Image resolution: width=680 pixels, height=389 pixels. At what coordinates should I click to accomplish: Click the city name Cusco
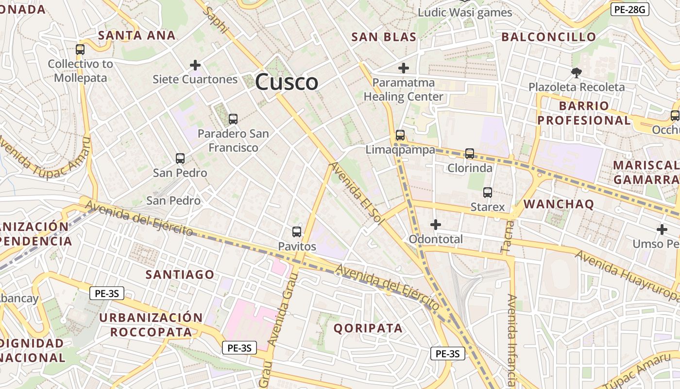tap(287, 82)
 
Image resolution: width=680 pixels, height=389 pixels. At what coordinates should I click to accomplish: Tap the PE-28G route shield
tap(629, 9)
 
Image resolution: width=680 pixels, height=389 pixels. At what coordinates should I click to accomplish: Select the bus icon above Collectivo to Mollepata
tap(80, 50)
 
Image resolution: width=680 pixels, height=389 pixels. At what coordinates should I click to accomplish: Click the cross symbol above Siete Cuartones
tap(195, 65)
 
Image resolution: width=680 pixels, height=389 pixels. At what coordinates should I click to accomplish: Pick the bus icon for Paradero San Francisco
tap(233, 119)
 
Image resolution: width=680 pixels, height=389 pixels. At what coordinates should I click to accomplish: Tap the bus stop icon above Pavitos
tap(297, 232)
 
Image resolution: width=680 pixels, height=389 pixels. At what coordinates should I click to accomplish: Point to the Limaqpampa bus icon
tap(400, 135)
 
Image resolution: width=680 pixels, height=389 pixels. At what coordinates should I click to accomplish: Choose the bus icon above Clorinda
tap(470, 154)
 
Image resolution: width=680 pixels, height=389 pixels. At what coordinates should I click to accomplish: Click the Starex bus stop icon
tap(488, 193)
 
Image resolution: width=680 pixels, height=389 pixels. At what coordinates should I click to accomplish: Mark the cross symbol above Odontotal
tap(436, 225)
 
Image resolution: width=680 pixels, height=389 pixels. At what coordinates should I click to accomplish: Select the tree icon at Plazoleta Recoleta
tap(577, 73)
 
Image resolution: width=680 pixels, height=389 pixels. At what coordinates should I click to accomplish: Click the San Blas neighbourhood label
tap(384, 37)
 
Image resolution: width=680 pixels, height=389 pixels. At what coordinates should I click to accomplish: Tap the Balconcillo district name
tap(548, 37)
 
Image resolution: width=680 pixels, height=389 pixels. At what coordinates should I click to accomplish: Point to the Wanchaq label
tap(559, 204)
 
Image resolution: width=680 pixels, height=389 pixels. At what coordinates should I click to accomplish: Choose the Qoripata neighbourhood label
tap(368, 328)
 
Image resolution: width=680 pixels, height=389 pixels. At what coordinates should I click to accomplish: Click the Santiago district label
tap(180, 275)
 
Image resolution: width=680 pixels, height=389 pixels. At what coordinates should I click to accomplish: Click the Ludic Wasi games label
tap(465, 13)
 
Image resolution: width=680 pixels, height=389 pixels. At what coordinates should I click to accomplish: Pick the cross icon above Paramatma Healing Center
tap(403, 68)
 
